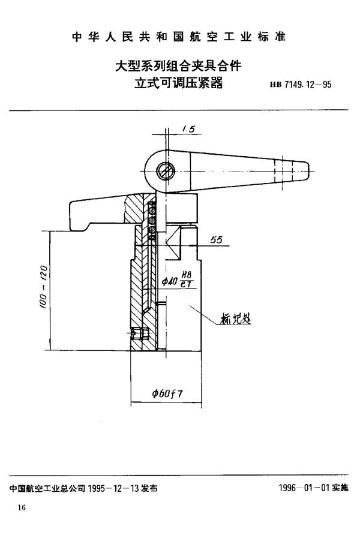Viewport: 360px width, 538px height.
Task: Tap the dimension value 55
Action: tap(217, 239)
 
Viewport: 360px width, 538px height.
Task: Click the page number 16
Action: tap(22, 508)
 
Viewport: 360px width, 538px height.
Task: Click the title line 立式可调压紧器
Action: tap(178, 83)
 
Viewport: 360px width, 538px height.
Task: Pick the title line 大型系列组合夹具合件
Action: tap(178, 63)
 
